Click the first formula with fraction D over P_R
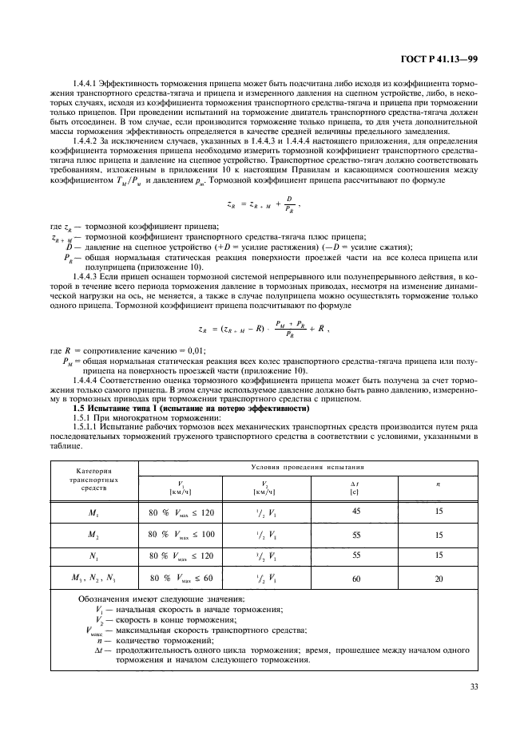click(264, 206)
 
